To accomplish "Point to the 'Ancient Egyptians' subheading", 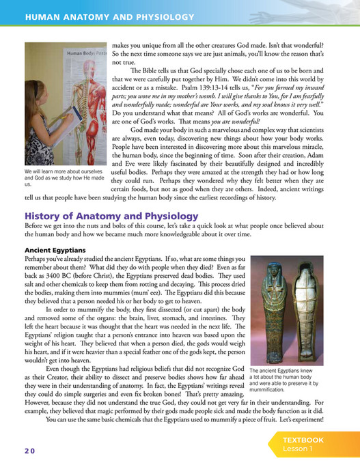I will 53,250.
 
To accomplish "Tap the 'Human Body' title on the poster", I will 79,52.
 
